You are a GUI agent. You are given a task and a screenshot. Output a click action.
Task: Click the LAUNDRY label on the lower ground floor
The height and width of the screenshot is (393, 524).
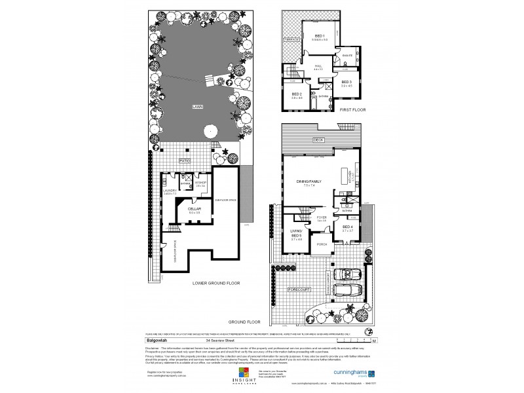(170, 191)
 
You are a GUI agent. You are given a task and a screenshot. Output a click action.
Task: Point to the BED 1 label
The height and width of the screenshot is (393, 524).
(320, 35)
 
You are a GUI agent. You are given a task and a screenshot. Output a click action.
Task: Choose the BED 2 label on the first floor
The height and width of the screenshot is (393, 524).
(296, 94)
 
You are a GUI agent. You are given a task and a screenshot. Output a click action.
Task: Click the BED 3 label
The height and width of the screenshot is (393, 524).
(346, 81)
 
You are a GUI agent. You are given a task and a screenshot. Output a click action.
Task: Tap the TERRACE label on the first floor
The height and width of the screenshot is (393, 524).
(291, 39)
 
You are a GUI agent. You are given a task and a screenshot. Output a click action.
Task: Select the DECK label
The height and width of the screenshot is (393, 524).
(318, 140)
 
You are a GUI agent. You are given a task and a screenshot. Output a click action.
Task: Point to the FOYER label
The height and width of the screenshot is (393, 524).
(322, 217)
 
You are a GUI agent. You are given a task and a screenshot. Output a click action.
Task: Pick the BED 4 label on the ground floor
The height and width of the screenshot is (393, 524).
(346, 227)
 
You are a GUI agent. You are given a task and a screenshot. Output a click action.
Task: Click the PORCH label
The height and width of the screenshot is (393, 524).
(322, 244)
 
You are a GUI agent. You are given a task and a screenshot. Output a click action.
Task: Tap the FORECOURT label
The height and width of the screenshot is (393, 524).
(288, 288)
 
